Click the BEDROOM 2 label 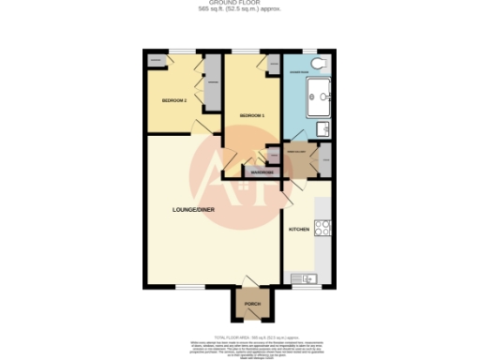click(174, 99)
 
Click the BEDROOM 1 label click(252, 115)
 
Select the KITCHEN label click(298, 229)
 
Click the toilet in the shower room click(320, 63)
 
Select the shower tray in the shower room click(318, 93)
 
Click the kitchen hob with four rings click(323, 229)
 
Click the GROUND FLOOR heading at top click(239, 4)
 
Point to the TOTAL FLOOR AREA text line click(240, 335)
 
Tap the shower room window click(308, 51)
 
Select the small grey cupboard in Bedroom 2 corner click(156, 61)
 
